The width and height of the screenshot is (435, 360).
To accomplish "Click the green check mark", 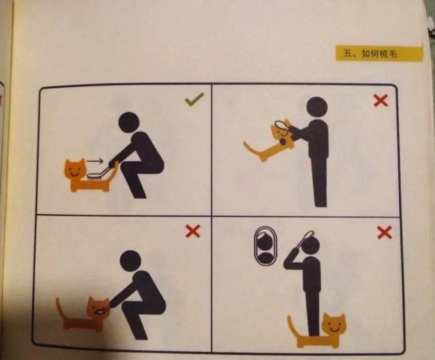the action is click(194, 99).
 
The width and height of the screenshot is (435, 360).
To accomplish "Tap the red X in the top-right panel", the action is click(380, 100).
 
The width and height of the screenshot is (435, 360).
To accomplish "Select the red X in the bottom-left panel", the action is click(193, 231).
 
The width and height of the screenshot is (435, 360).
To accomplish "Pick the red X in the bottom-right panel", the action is click(384, 232).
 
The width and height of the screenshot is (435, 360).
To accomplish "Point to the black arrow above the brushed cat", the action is click(94, 161).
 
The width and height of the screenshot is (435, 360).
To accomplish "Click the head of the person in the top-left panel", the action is click(129, 122).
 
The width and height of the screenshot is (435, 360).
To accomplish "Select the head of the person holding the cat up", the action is click(317, 107).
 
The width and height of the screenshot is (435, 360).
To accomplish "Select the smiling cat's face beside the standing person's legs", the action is click(335, 325).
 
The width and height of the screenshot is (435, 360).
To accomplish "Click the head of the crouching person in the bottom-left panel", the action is click(131, 261).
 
